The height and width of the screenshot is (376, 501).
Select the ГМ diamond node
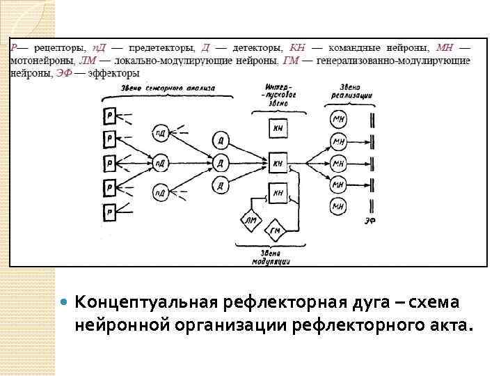(x=276, y=230)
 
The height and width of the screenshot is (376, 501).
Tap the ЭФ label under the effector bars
(x=372, y=221)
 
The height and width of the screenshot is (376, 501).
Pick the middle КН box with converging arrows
(x=278, y=164)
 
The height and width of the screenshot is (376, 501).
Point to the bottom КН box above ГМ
(x=278, y=192)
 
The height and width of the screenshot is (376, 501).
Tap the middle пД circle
(x=161, y=164)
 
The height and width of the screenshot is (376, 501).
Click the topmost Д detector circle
(x=221, y=139)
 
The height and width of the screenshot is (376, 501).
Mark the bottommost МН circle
(x=339, y=206)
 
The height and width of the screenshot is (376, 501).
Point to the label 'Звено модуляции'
(x=273, y=258)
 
